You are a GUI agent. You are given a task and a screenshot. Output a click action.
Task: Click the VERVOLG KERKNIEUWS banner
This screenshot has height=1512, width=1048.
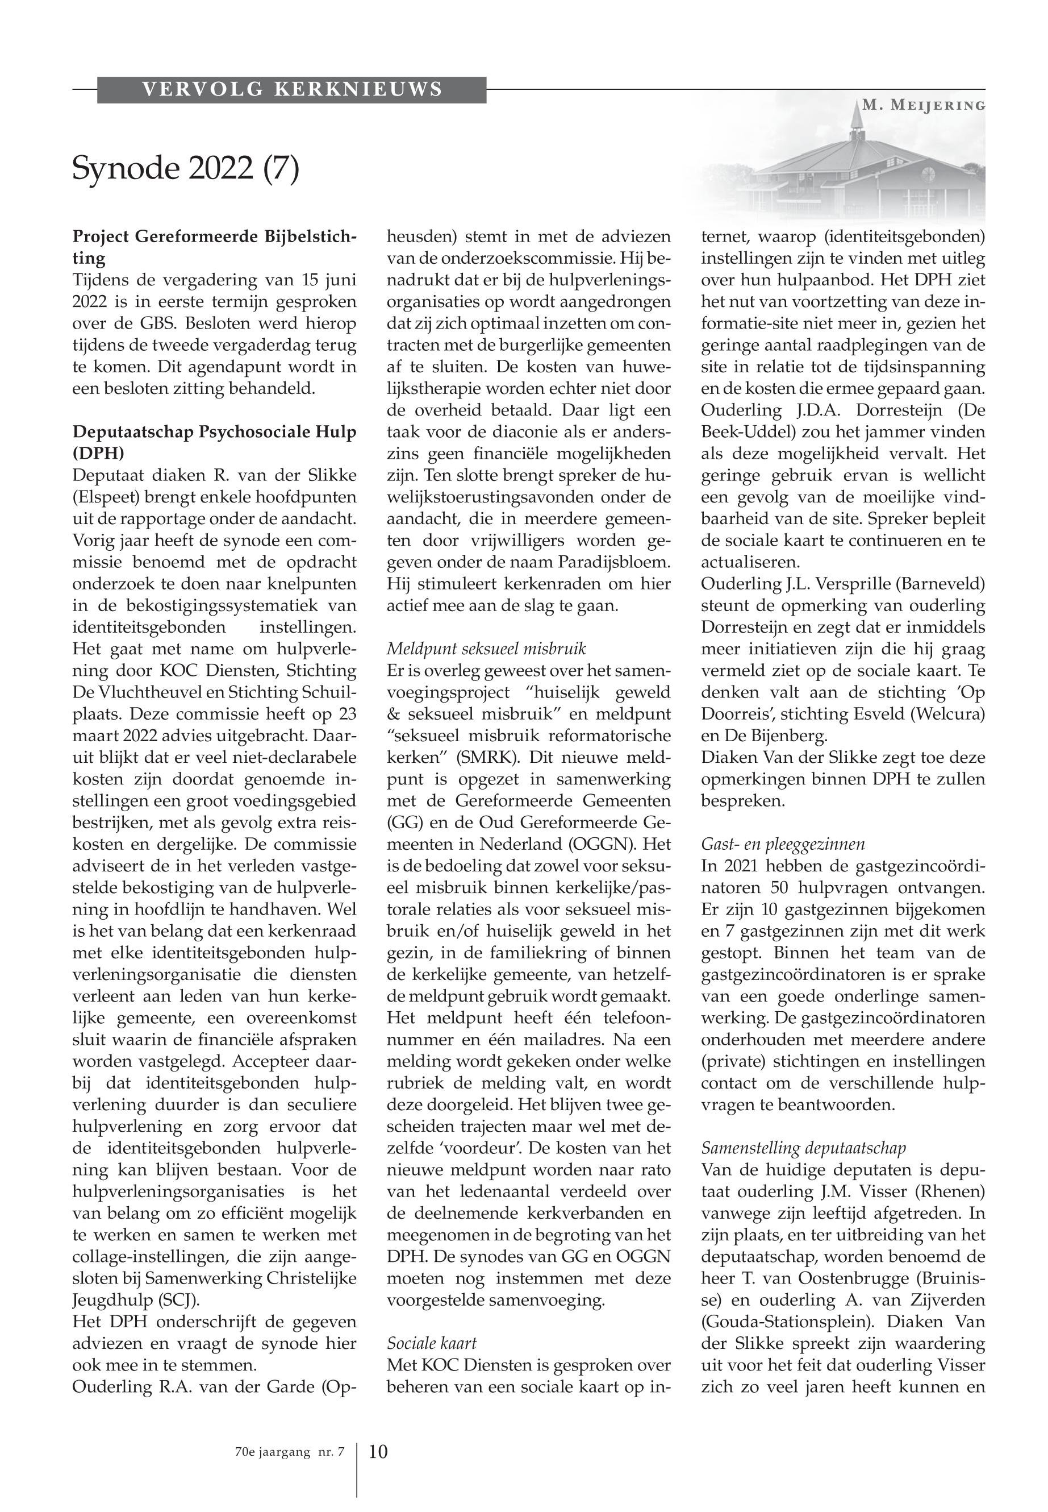(x=291, y=89)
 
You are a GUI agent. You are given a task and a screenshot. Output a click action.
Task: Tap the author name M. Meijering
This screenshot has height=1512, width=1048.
(x=923, y=105)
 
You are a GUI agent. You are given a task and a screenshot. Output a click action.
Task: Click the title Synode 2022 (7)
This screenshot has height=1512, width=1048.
(x=185, y=168)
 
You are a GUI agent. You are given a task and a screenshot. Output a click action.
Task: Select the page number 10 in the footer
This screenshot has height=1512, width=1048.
(x=378, y=1451)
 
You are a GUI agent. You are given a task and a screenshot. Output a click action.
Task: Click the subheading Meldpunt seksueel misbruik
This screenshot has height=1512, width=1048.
(x=486, y=649)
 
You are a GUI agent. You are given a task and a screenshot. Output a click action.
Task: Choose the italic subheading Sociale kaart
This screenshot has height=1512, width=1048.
(x=432, y=1343)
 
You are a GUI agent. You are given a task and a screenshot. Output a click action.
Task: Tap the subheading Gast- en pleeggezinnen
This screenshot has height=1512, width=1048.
(x=783, y=844)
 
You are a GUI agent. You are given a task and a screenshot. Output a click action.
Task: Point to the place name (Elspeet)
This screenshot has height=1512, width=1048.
(x=106, y=497)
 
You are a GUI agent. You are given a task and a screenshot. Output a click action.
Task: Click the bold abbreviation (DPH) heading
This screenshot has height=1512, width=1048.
(x=98, y=454)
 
